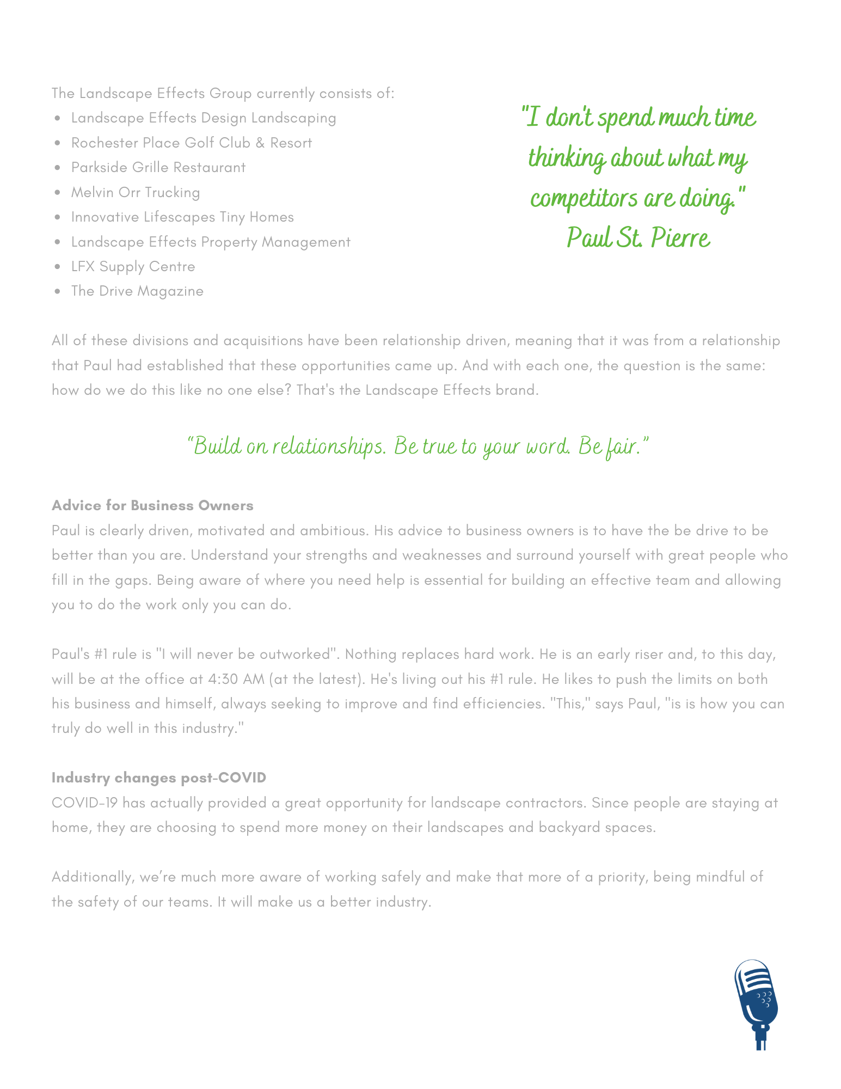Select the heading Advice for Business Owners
(152, 506)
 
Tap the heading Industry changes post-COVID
(159, 778)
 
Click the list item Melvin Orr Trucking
(136, 193)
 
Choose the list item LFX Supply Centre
(133, 267)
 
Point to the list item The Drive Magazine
(137, 291)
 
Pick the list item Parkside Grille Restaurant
(158, 168)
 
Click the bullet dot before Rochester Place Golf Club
(58, 143)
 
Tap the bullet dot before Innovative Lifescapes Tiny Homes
(58, 217)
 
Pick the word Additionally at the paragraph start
(93, 877)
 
